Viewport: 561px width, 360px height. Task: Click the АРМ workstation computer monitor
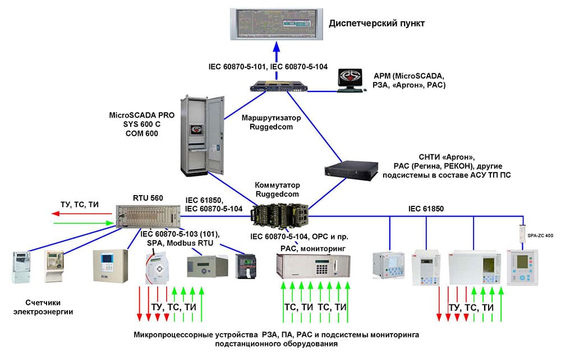[352, 80]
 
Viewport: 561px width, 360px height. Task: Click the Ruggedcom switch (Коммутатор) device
[279, 215]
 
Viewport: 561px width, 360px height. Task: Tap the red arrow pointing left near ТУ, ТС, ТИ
[65, 214]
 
